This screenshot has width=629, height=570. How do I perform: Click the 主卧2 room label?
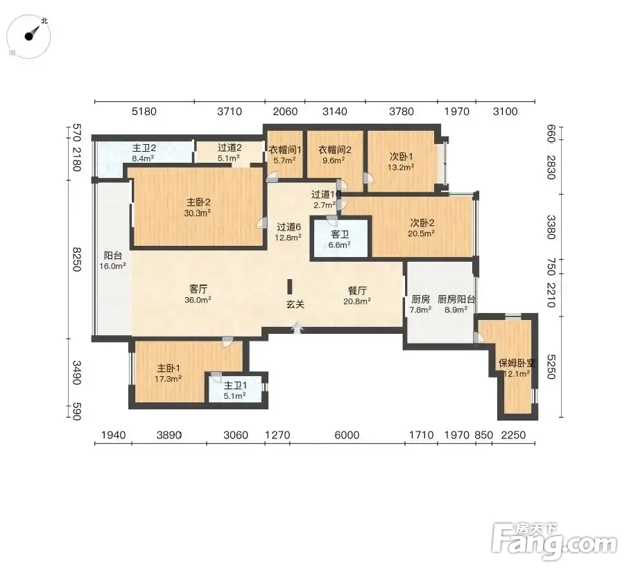[198, 202]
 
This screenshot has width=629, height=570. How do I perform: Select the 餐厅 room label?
[357, 290]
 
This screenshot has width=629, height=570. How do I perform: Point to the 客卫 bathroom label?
[340, 234]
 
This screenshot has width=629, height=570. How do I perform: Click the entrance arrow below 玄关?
[298, 328]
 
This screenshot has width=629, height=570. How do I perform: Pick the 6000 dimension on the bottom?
[347, 435]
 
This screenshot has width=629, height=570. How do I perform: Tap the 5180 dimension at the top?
[144, 112]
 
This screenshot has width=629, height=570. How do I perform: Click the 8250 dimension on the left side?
[76, 259]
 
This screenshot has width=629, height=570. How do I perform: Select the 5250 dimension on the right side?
[551, 366]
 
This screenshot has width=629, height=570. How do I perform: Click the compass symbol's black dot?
[29, 37]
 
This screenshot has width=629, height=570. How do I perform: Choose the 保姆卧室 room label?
[517, 364]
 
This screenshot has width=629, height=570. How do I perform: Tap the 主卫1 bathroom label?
[235, 385]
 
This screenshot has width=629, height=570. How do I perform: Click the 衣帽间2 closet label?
[334, 150]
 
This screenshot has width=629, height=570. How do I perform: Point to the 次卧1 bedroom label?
[401, 157]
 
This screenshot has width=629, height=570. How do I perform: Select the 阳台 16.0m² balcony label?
[113, 260]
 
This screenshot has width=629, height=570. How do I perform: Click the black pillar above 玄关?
[290, 287]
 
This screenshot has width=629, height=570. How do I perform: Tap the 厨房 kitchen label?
[420, 299]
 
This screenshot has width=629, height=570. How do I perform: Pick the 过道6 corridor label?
[288, 227]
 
